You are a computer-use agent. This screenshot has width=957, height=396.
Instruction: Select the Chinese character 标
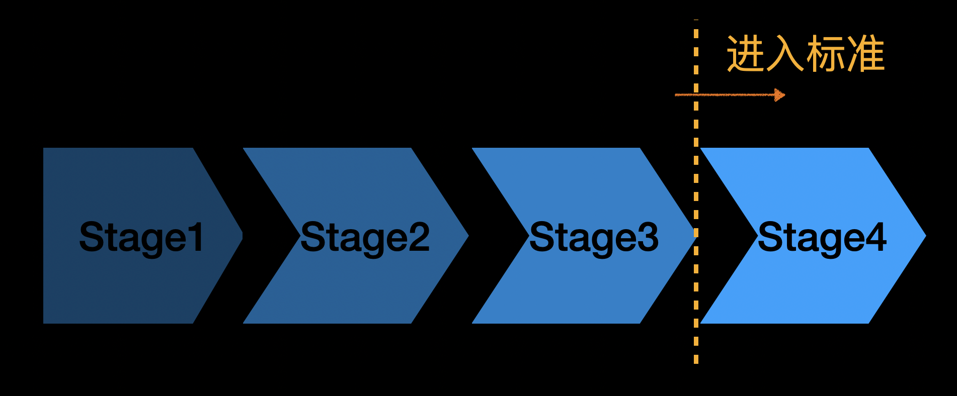[825, 54]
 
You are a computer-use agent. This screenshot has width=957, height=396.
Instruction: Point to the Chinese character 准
[865, 54]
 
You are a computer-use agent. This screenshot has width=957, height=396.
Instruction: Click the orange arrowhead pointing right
[779, 94]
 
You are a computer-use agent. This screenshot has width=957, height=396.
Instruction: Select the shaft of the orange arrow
[730, 94]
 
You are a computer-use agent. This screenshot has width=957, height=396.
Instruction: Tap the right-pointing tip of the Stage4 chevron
[923, 235]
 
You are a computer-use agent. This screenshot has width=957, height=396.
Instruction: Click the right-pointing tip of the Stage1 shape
[240, 235]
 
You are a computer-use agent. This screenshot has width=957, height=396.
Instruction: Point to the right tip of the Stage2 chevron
[466, 235]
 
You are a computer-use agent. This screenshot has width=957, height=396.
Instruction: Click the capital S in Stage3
[541, 236]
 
